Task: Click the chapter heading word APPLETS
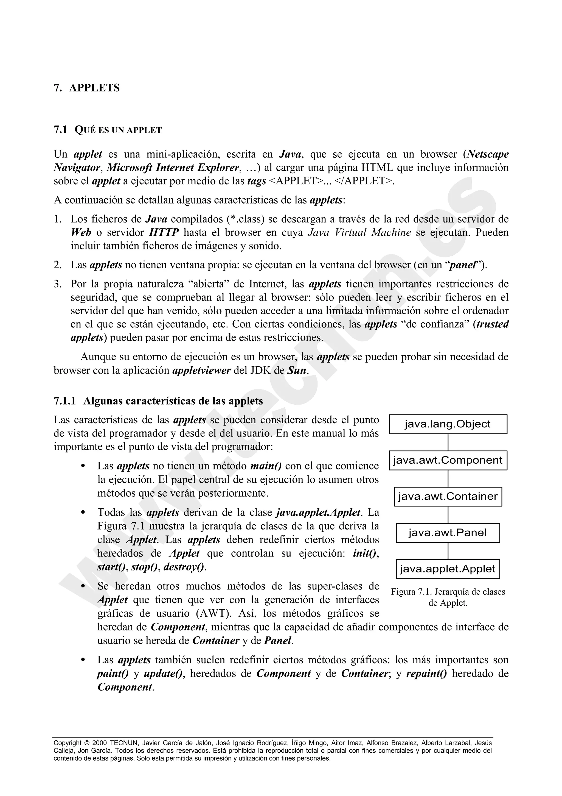94,88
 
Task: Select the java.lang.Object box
448,424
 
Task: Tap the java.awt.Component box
448,460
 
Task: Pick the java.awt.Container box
448,496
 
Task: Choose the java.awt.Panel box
448,533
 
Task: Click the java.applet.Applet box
448,569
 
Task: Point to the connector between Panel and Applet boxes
448,551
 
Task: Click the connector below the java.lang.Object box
448,442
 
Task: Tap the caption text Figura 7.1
412,592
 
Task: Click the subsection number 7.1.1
65,401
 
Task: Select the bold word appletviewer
201,371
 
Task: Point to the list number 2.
57,265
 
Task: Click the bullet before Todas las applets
83,513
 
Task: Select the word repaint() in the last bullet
426,673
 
